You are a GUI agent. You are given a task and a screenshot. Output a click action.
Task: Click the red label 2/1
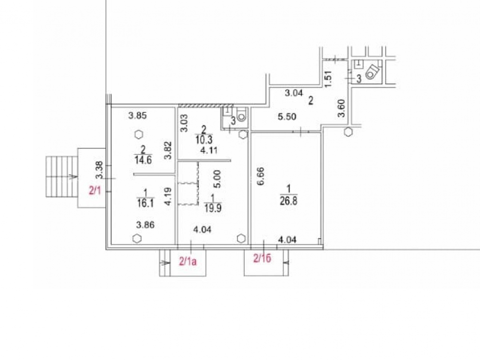pos(95,191)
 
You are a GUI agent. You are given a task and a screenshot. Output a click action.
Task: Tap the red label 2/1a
pos(188,262)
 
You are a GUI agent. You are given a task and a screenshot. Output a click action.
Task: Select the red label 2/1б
pos(263,259)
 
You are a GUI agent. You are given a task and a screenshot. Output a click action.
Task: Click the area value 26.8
pos(288,201)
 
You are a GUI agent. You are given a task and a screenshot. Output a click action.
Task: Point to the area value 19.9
pos(213,208)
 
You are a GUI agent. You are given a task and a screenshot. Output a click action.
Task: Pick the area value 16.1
pos(145,203)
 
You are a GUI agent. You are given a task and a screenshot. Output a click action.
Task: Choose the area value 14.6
pos(143,159)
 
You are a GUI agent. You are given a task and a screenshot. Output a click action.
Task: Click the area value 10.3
pos(204,140)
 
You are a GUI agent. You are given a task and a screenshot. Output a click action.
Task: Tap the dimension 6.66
pos(261,176)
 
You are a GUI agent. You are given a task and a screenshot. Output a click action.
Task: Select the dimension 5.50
pos(287,117)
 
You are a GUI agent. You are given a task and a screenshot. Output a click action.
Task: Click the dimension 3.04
pos(294,93)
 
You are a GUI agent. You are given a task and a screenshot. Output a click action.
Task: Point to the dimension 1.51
pos(328,79)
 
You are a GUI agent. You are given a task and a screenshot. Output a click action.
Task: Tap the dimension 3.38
pos(99,170)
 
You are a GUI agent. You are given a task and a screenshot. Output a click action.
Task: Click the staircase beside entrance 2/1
pos(61,176)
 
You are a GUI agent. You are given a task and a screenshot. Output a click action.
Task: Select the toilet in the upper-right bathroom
pos(372,72)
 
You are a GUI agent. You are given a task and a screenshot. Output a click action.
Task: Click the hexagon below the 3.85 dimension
pos(139,134)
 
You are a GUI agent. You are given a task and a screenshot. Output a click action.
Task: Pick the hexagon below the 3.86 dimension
pos(137,238)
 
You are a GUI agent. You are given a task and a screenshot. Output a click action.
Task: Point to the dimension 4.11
pos(208,151)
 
